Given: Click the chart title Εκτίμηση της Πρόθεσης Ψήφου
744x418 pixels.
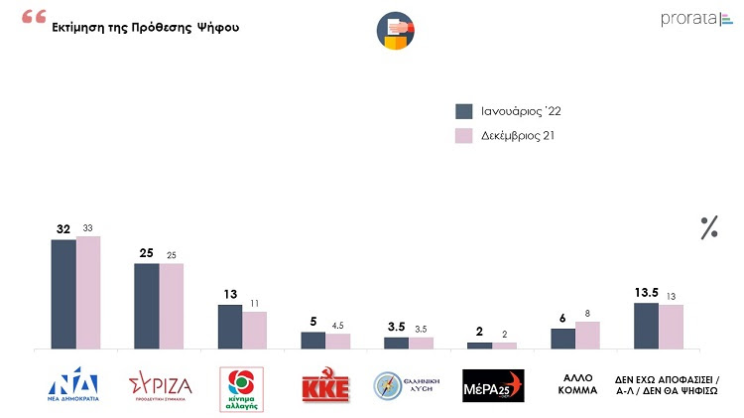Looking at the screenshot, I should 145,27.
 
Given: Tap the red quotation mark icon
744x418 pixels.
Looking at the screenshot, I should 33,19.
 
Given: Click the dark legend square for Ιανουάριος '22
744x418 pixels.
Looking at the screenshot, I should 463,110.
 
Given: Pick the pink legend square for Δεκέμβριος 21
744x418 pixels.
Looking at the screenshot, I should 463,135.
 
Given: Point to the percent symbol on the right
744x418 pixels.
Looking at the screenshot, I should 708,227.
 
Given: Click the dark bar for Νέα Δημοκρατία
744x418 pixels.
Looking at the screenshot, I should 63,294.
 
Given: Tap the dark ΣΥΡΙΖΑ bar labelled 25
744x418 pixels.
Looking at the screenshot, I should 147,306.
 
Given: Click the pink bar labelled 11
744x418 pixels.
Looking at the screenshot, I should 254,330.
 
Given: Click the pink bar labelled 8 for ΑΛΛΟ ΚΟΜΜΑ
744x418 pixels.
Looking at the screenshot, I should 587,335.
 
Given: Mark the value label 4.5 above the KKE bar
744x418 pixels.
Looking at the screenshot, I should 338,324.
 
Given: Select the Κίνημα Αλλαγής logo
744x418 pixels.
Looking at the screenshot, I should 242,386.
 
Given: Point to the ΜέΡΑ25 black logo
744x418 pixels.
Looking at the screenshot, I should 493,386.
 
